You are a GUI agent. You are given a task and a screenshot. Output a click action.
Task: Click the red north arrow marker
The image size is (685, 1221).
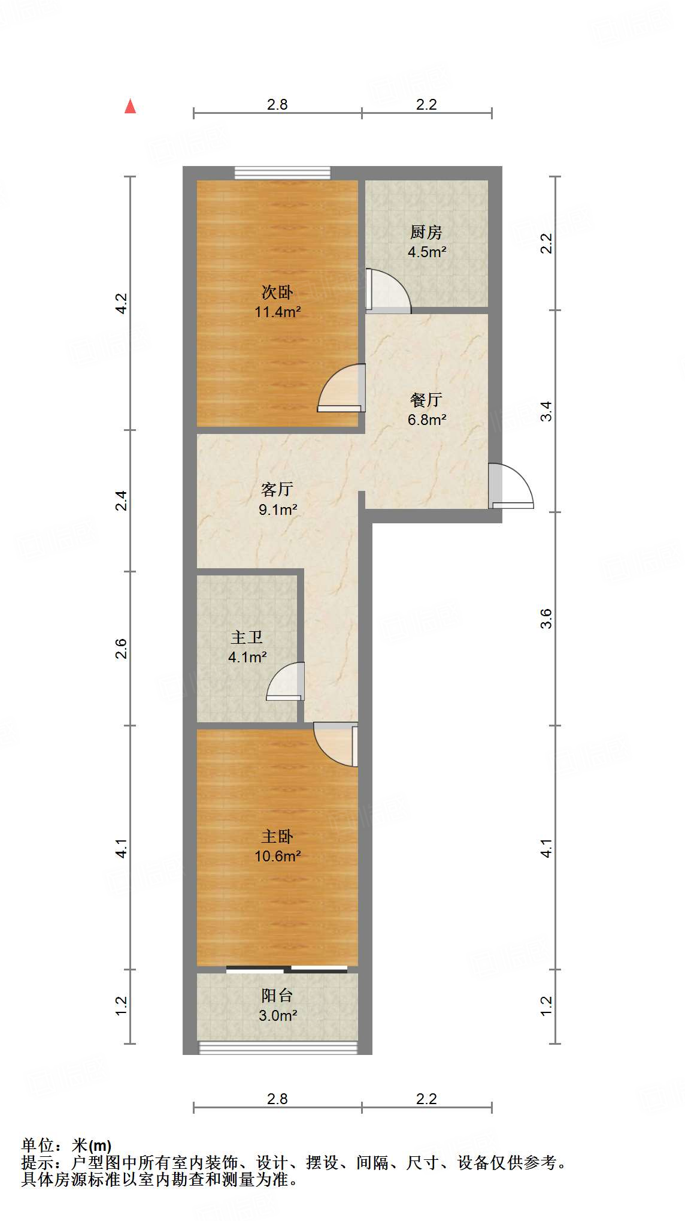pos(130,106)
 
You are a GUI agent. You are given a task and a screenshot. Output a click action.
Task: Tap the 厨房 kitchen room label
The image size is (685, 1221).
pos(426,232)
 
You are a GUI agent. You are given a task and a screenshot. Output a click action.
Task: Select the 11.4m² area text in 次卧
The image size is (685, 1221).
pos(277,312)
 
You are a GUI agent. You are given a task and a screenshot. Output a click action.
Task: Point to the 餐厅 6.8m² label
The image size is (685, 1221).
pos(426,409)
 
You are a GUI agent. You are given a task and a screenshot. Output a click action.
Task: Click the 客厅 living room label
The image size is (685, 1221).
pos(277,490)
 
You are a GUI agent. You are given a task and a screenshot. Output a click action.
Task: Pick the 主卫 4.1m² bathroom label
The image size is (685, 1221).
pos(247,647)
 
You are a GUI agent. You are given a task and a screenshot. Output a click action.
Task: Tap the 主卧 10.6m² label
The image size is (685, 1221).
pos(277,846)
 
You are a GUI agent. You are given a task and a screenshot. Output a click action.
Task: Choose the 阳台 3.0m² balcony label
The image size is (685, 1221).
pos(277,1005)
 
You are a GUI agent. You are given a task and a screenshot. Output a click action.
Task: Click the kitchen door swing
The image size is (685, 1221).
pos(388,291)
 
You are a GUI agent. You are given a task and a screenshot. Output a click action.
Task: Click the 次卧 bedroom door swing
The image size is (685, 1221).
pos(342,388)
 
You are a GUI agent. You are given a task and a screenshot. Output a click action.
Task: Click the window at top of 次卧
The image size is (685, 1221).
pos(282,173)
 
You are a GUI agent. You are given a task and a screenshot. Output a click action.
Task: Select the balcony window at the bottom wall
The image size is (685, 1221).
pos(278,1047)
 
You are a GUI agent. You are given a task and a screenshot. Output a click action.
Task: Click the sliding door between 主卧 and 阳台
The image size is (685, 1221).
pos(287,969)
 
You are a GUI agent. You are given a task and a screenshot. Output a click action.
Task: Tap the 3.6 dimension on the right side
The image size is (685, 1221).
pos(545,619)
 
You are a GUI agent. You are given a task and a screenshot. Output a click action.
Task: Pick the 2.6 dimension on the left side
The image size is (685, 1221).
pos(122,649)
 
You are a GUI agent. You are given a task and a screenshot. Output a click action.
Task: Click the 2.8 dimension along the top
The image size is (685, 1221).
pos(277,104)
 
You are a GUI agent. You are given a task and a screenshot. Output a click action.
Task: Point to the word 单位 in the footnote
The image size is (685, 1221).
pos(37,1145)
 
